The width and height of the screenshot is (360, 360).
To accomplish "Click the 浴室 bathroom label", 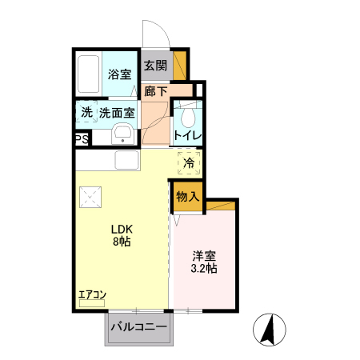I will (x=120, y=74).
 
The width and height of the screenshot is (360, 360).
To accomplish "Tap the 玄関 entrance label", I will (x=156, y=66).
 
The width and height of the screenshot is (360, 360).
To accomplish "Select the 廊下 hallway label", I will (x=156, y=91).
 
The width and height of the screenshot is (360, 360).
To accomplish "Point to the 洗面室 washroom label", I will (x=117, y=113).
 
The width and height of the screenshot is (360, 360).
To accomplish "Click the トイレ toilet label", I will (x=189, y=135).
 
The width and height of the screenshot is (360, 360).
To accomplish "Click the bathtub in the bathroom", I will (x=89, y=74).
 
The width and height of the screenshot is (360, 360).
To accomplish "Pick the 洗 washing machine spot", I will (x=86, y=113).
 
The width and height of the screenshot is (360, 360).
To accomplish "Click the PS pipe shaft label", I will (x=82, y=139).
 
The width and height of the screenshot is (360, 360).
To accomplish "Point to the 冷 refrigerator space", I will (x=189, y=162).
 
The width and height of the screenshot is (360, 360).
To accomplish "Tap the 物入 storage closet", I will (x=187, y=197).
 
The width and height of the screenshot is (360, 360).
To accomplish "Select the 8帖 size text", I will (x=122, y=241).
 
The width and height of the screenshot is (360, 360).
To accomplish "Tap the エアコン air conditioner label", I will (x=92, y=295).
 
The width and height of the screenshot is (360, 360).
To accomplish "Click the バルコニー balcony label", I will (x=139, y=326).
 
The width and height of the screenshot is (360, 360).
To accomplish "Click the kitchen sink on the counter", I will (x=127, y=160).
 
